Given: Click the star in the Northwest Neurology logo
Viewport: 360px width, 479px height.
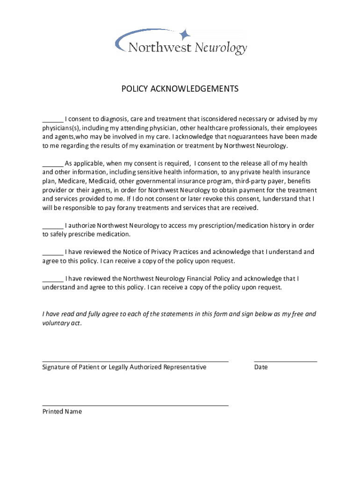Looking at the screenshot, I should point(185,34).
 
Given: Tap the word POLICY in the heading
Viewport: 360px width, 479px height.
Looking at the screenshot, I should point(135,89).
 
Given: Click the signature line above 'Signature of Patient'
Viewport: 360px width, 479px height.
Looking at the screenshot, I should point(135,361).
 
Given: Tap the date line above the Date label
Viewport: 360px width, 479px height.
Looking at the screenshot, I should point(285,361).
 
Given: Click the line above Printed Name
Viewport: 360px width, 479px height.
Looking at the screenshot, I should point(135,406).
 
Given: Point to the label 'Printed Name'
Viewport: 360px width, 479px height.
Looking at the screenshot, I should point(62,412).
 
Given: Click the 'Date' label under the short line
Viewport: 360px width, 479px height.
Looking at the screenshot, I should point(261,367).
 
